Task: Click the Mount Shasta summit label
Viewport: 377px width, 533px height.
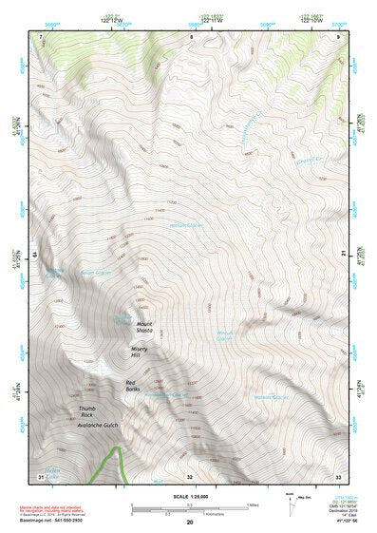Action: (x=144, y=328)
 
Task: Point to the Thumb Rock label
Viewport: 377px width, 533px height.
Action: (x=87, y=412)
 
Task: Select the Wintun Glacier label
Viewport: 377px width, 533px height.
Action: (x=224, y=335)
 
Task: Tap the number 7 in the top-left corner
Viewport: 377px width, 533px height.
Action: (x=41, y=36)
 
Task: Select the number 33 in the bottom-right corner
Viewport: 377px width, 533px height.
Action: (x=338, y=475)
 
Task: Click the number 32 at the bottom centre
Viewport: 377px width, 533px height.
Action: (x=189, y=475)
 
